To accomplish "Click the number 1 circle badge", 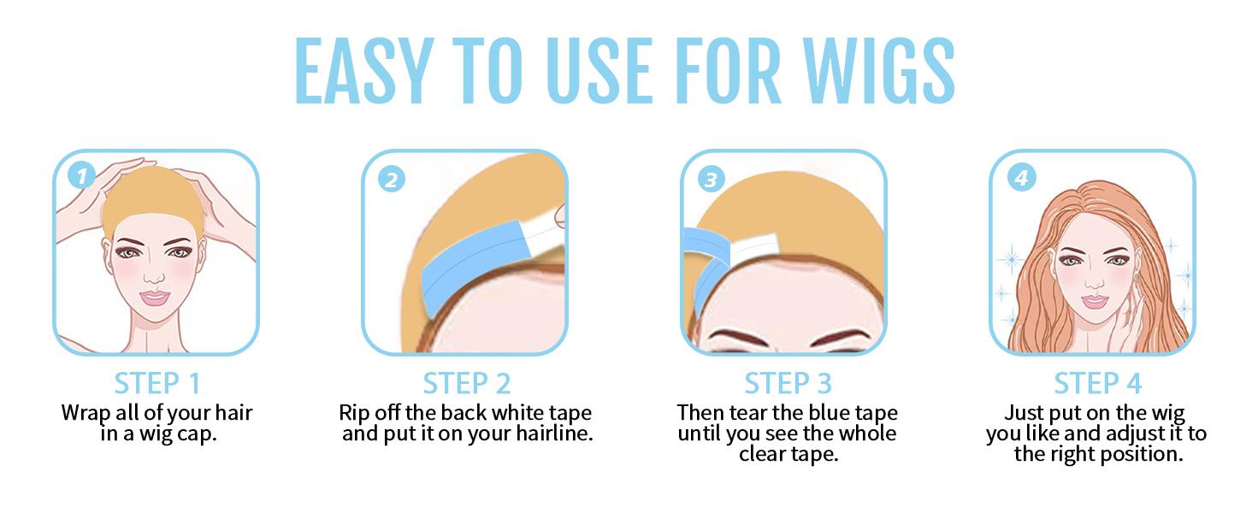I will [x=81, y=177].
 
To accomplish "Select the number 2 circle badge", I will [x=391, y=180].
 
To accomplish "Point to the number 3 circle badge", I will [x=711, y=180].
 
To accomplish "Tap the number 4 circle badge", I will [x=1021, y=178].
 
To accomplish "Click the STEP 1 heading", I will [x=157, y=383].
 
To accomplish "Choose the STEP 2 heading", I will [x=467, y=383].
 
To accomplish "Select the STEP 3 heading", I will [x=788, y=383].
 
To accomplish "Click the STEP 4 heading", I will [x=1097, y=383].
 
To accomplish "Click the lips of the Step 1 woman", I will [x=156, y=298].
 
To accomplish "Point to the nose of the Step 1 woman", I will [x=154, y=275].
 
